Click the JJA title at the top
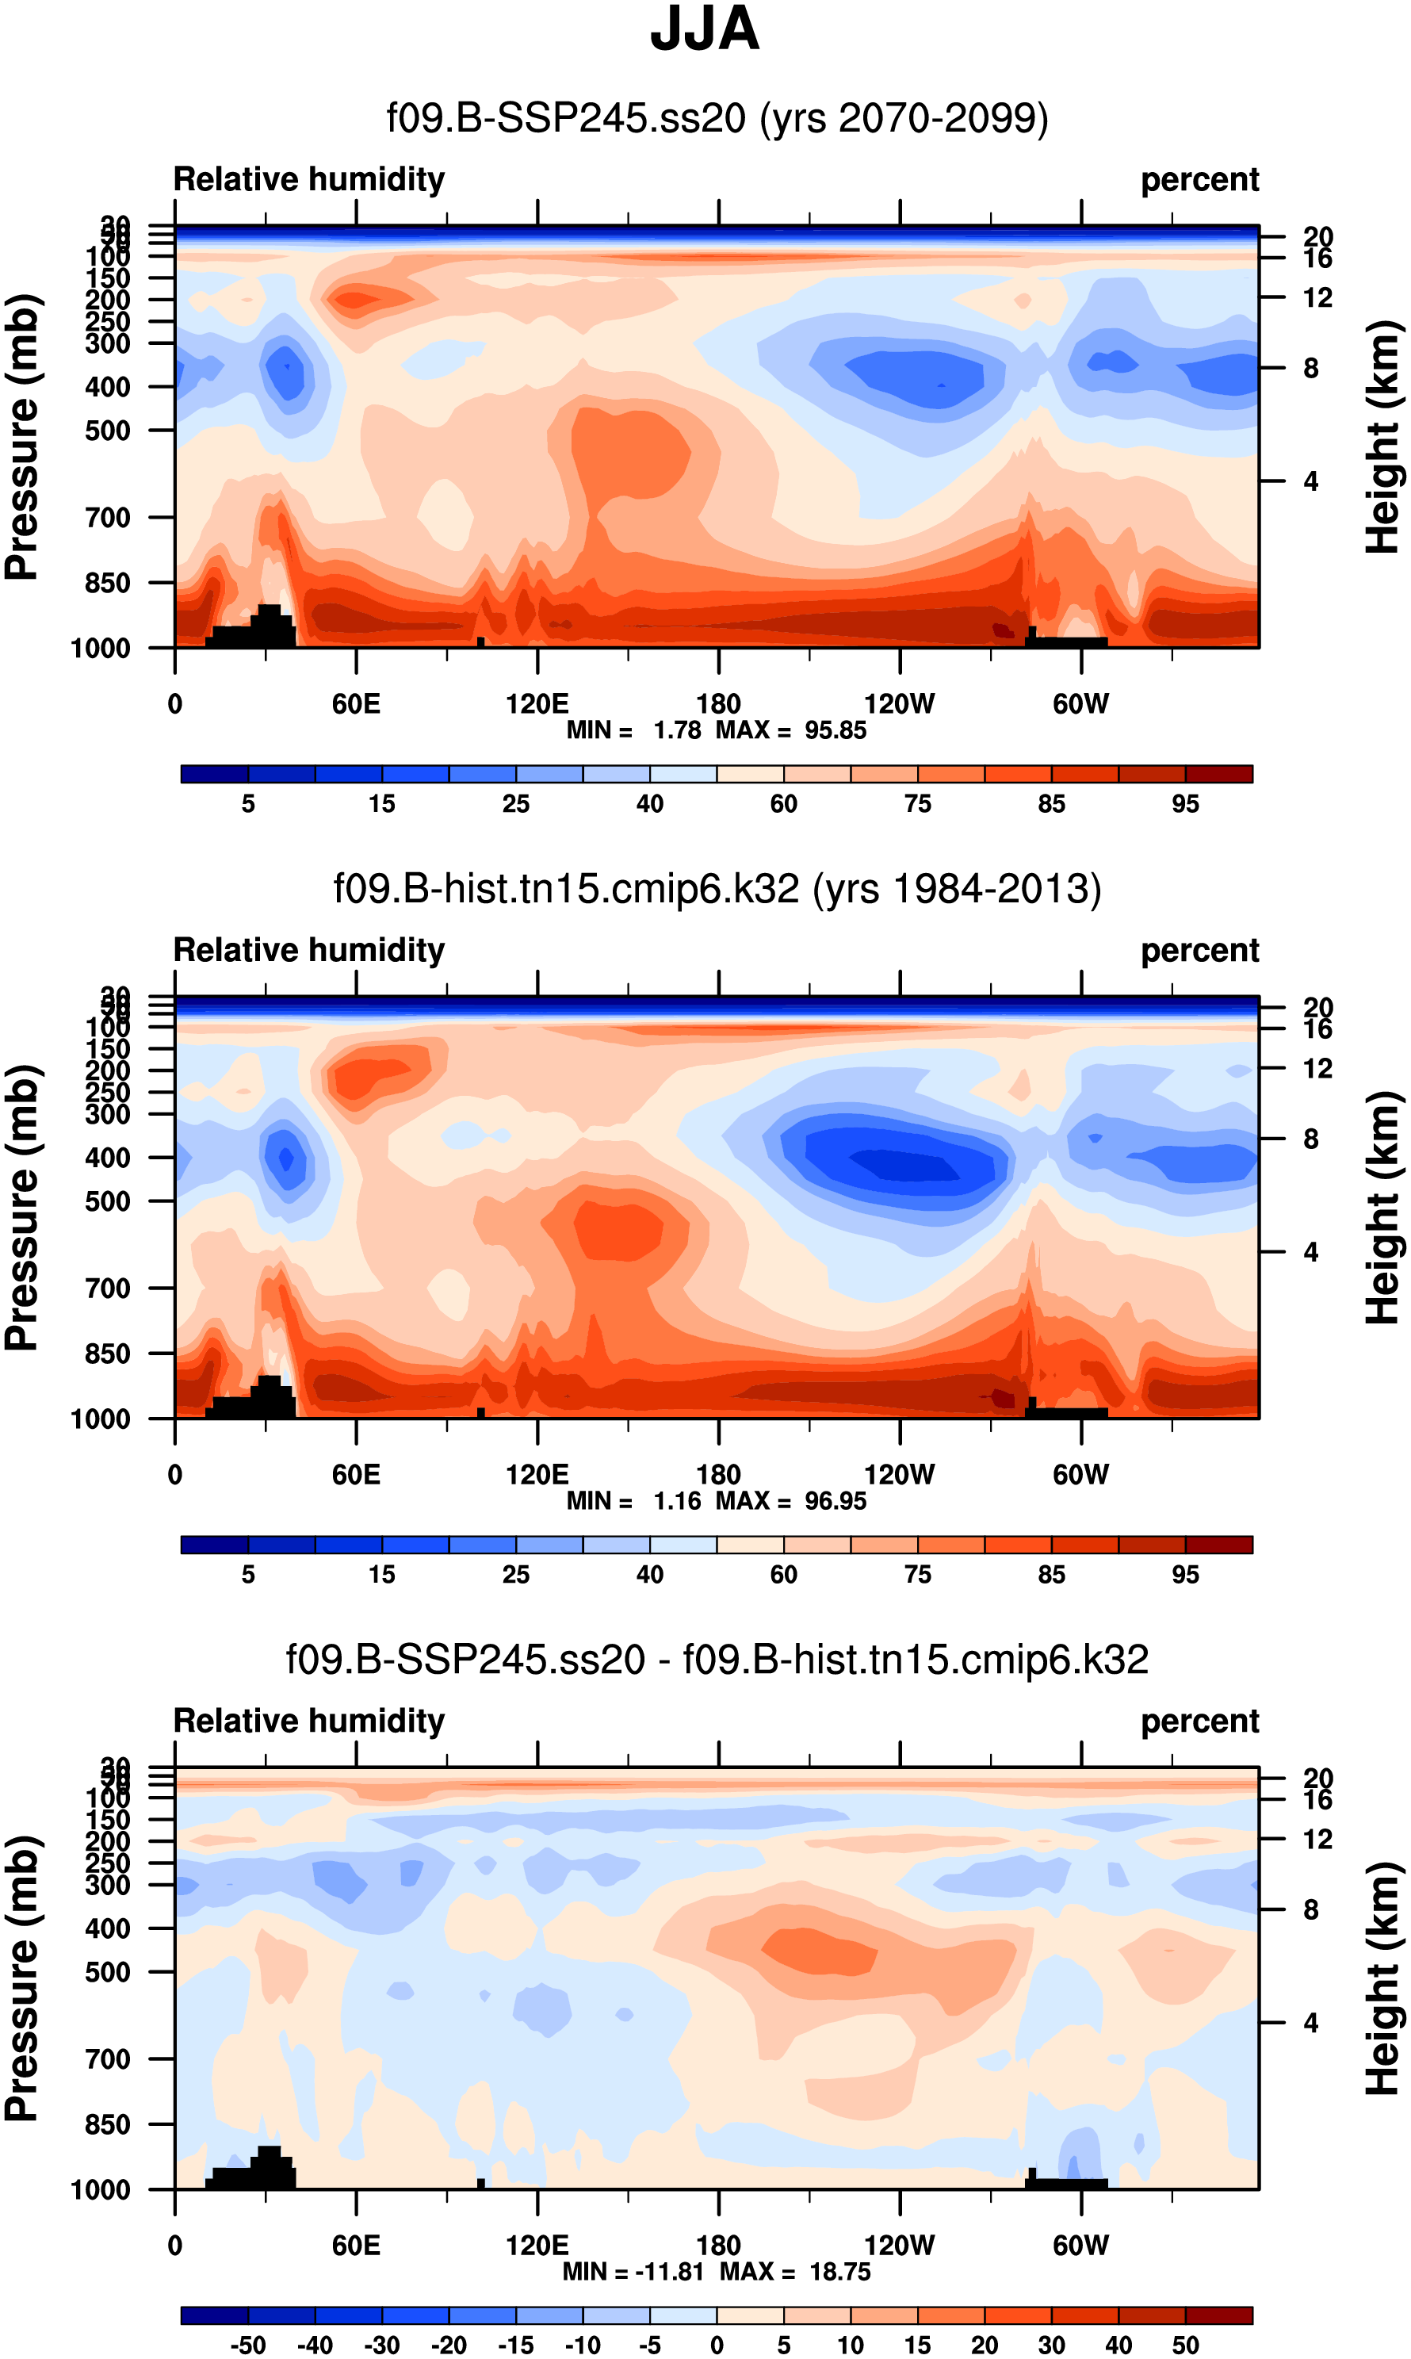click(705, 30)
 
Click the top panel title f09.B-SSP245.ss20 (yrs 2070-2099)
click(717, 119)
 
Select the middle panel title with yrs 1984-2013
click(717, 889)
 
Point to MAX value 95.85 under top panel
click(835, 730)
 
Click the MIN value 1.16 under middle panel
click(677, 1500)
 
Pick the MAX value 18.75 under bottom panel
click(839, 2272)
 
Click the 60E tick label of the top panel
click(356, 705)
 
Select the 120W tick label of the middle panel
click(900, 1475)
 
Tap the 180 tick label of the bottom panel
click(718, 2246)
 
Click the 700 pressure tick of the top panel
click(109, 519)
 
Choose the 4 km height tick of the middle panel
click(1310, 1252)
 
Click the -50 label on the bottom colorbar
click(248, 2345)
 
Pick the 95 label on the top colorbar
click(1185, 804)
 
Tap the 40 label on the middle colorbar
click(649, 1575)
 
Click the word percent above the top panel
click(1200, 180)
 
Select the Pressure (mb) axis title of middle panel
click(23, 1208)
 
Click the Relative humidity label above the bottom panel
click(309, 1721)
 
